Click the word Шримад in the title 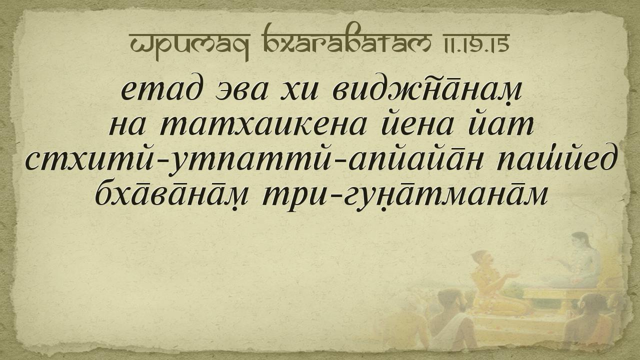point(189,45)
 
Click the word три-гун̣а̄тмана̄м point(405,194)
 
